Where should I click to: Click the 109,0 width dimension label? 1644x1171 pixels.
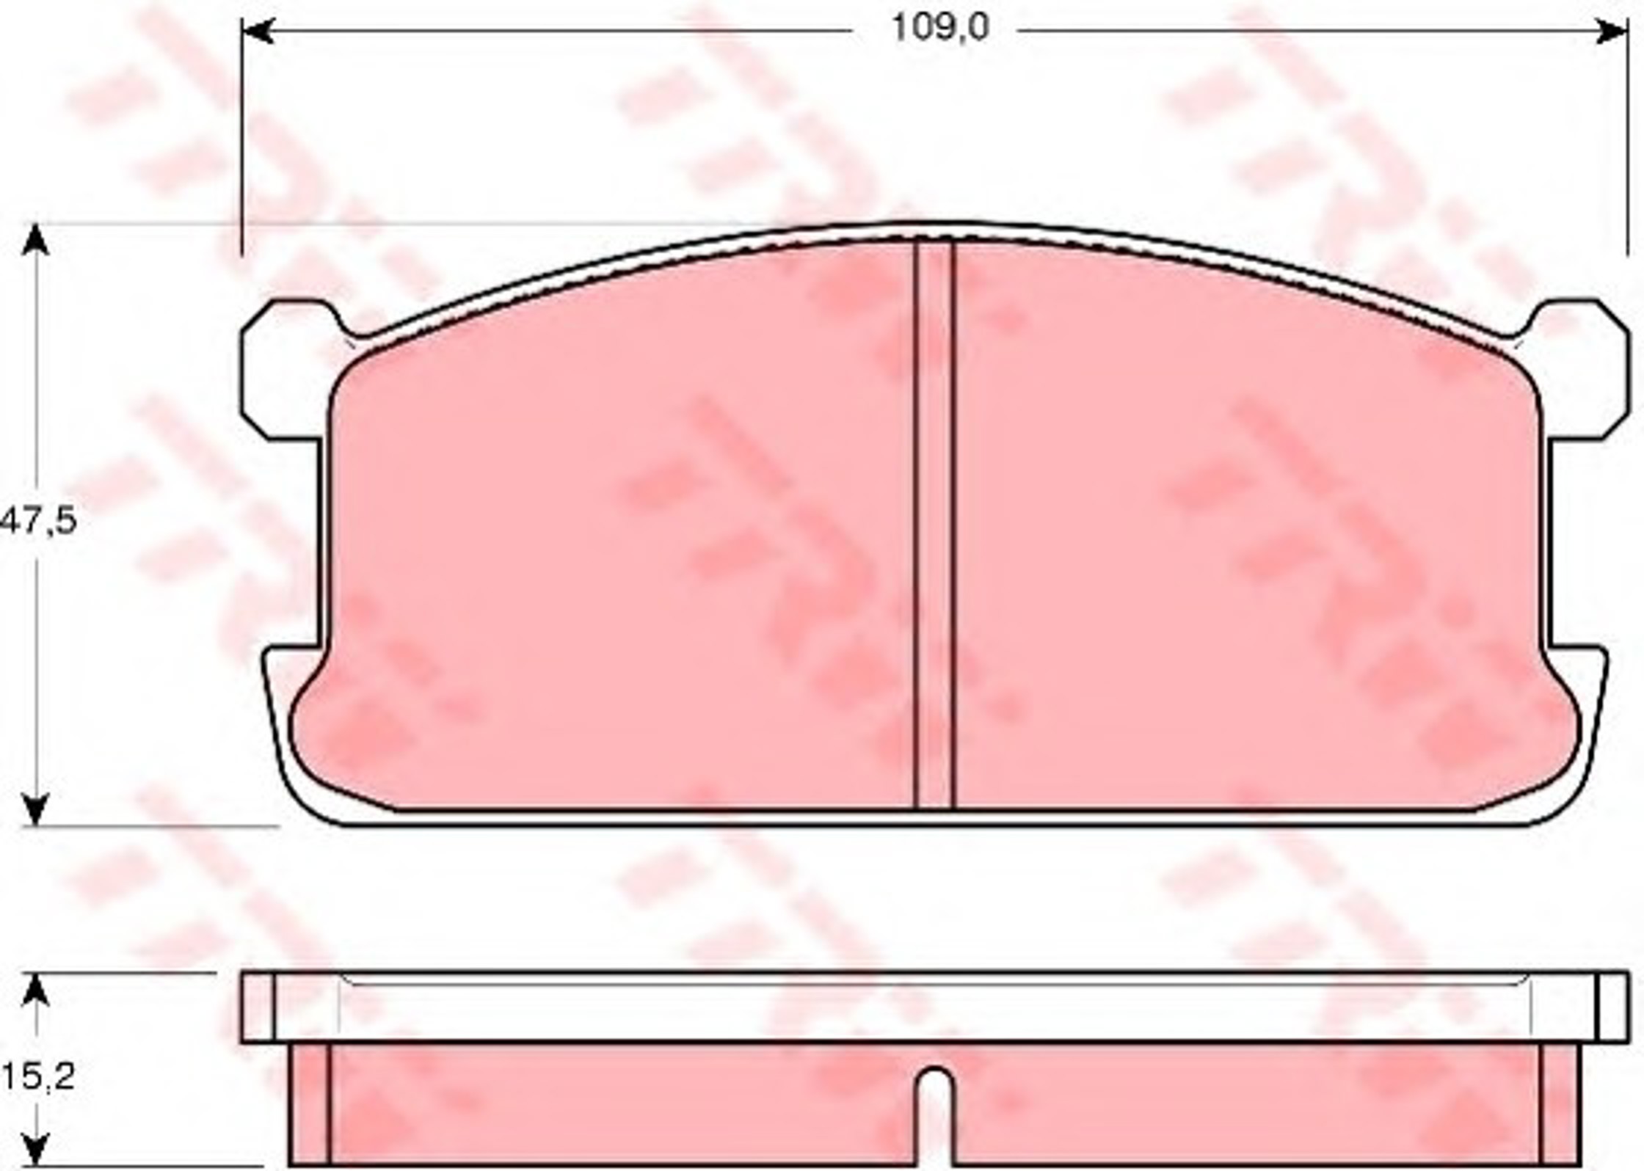(939, 28)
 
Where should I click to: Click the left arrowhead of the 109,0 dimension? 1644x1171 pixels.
(258, 32)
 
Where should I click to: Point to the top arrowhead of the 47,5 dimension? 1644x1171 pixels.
(36, 241)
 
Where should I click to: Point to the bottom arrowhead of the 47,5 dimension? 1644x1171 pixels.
(36, 810)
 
